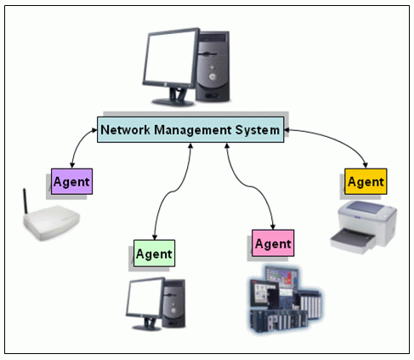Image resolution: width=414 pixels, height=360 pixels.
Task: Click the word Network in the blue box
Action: pos(126,130)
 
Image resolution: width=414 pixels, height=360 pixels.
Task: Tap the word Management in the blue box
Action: pos(193,130)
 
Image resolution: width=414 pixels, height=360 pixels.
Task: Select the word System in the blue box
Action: pos(258,130)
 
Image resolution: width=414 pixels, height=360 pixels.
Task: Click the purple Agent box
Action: pos(71,181)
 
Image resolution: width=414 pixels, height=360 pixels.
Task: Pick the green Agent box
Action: pos(155,254)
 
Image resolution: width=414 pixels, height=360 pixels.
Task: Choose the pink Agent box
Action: pos(273,243)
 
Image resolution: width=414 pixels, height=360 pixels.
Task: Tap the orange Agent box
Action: pos(366,181)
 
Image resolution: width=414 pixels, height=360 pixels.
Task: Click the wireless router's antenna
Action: pos(26,201)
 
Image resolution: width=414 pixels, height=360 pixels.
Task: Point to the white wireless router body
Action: pos(52,223)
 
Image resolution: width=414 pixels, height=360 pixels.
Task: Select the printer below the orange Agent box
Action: pos(364,227)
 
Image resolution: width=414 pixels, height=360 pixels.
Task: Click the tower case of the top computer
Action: pos(213,66)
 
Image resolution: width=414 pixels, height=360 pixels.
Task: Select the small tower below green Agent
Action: pos(174,303)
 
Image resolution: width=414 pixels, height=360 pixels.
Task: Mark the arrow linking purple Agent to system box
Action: pos(78,143)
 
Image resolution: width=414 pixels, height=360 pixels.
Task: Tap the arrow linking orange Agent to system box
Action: pos(334,138)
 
